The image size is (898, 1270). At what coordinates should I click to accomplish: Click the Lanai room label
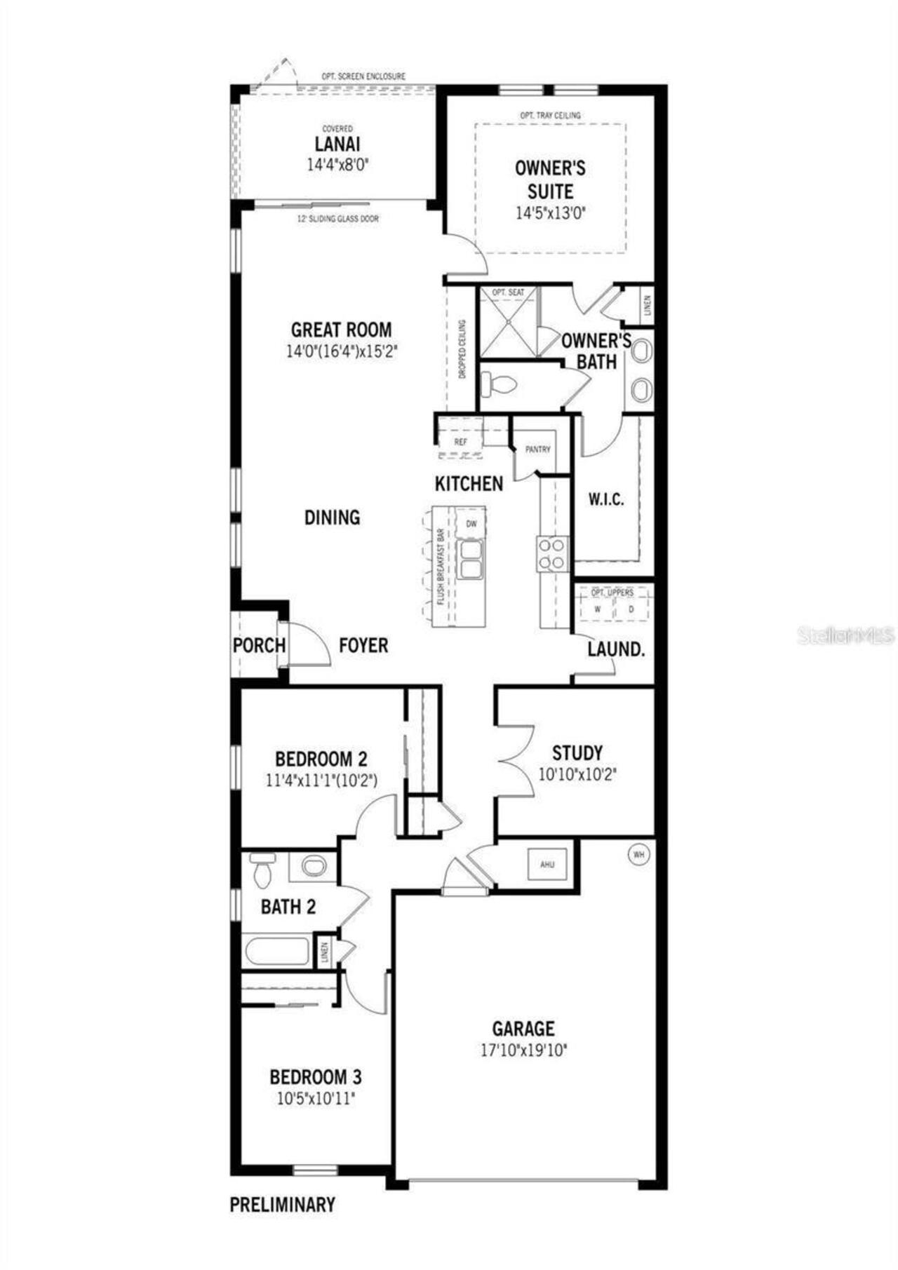[x=337, y=144]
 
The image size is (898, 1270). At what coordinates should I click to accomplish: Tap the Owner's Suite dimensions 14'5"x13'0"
[x=551, y=213]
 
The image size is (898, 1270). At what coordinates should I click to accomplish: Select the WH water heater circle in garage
[x=638, y=855]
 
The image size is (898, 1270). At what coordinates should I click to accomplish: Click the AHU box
[x=547, y=864]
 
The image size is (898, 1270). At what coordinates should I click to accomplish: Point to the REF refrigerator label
[x=460, y=443]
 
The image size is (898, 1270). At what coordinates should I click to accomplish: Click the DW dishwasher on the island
[x=471, y=523]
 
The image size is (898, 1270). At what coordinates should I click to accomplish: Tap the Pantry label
[x=538, y=450]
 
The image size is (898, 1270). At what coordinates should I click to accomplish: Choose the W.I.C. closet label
[x=605, y=500]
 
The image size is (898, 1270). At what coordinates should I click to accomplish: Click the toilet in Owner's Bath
[x=499, y=384]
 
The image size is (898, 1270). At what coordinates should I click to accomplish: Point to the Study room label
[x=577, y=753]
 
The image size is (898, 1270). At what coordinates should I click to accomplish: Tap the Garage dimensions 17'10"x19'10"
[x=523, y=1051]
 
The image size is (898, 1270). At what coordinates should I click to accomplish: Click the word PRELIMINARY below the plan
[x=283, y=1205]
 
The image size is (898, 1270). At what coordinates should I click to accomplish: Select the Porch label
[x=259, y=645]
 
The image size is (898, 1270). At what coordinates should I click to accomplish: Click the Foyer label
[x=363, y=645]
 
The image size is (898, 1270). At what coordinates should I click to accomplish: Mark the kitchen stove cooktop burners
[x=552, y=553]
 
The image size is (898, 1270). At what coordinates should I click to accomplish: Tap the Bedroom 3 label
[x=316, y=1076]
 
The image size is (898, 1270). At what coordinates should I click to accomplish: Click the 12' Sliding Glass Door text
[x=338, y=219]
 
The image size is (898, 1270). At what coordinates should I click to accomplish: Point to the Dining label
[x=332, y=518]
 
